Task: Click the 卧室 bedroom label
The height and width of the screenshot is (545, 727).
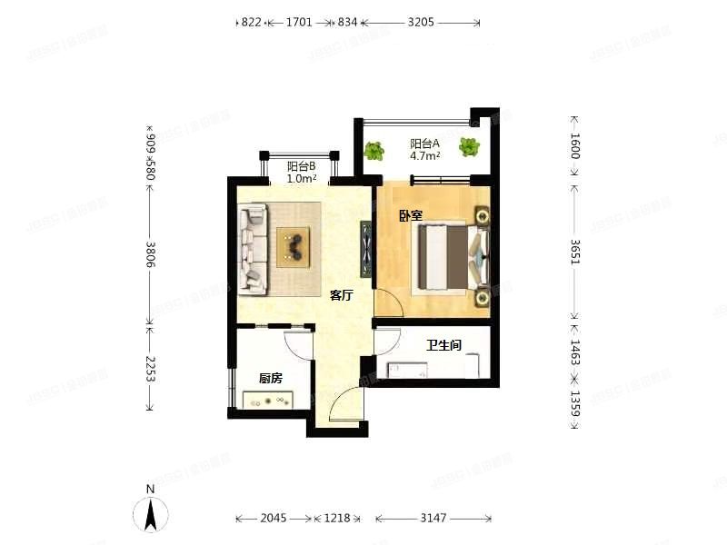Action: pos(409,215)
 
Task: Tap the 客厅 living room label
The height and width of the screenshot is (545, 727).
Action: pos(341,295)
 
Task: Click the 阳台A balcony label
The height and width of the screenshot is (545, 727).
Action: pos(424,144)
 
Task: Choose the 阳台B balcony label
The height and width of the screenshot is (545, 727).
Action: pos(301,166)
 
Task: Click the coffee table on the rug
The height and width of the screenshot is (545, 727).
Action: pos(294,245)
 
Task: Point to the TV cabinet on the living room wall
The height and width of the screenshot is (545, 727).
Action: pos(366,247)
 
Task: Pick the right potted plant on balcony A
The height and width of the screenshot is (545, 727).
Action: pos(469,145)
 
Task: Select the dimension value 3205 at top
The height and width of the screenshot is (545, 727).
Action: pos(420,22)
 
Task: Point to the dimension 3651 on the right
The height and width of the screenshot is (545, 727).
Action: pos(574,252)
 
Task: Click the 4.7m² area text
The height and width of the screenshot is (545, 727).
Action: pos(424,156)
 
